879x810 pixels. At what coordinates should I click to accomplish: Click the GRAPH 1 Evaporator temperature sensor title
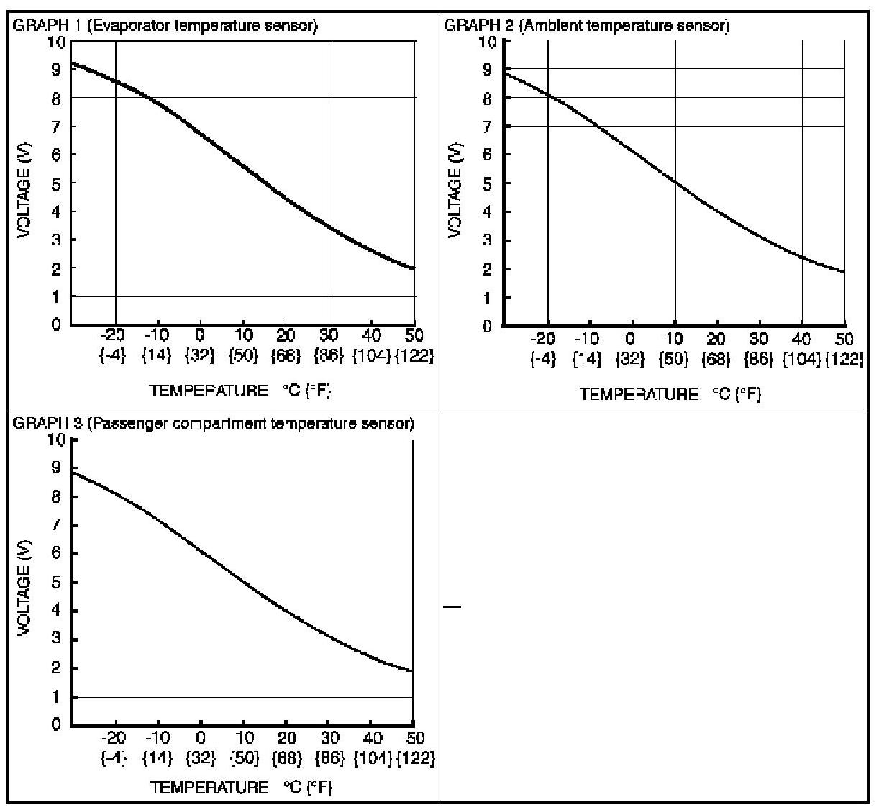[x=165, y=26]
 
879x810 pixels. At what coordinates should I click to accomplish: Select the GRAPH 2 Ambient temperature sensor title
[x=587, y=26]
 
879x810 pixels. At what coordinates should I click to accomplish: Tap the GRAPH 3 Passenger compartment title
[x=214, y=423]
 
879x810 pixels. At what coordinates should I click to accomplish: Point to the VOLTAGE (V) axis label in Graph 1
[x=24, y=183]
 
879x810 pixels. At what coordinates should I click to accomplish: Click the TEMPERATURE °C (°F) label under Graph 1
[x=241, y=391]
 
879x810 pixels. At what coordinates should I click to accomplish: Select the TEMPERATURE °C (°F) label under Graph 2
[x=670, y=394]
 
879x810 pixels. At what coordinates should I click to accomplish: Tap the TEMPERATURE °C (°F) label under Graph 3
[x=241, y=787]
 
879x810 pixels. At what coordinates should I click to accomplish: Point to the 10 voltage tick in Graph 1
[x=56, y=42]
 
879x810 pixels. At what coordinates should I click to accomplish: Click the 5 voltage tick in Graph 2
[x=488, y=183]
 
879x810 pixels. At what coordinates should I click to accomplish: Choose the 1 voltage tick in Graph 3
[x=56, y=697]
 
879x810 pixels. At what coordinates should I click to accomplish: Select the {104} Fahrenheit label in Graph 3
[x=373, y=758]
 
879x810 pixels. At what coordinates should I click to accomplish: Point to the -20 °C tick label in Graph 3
[x=114, y=738]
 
